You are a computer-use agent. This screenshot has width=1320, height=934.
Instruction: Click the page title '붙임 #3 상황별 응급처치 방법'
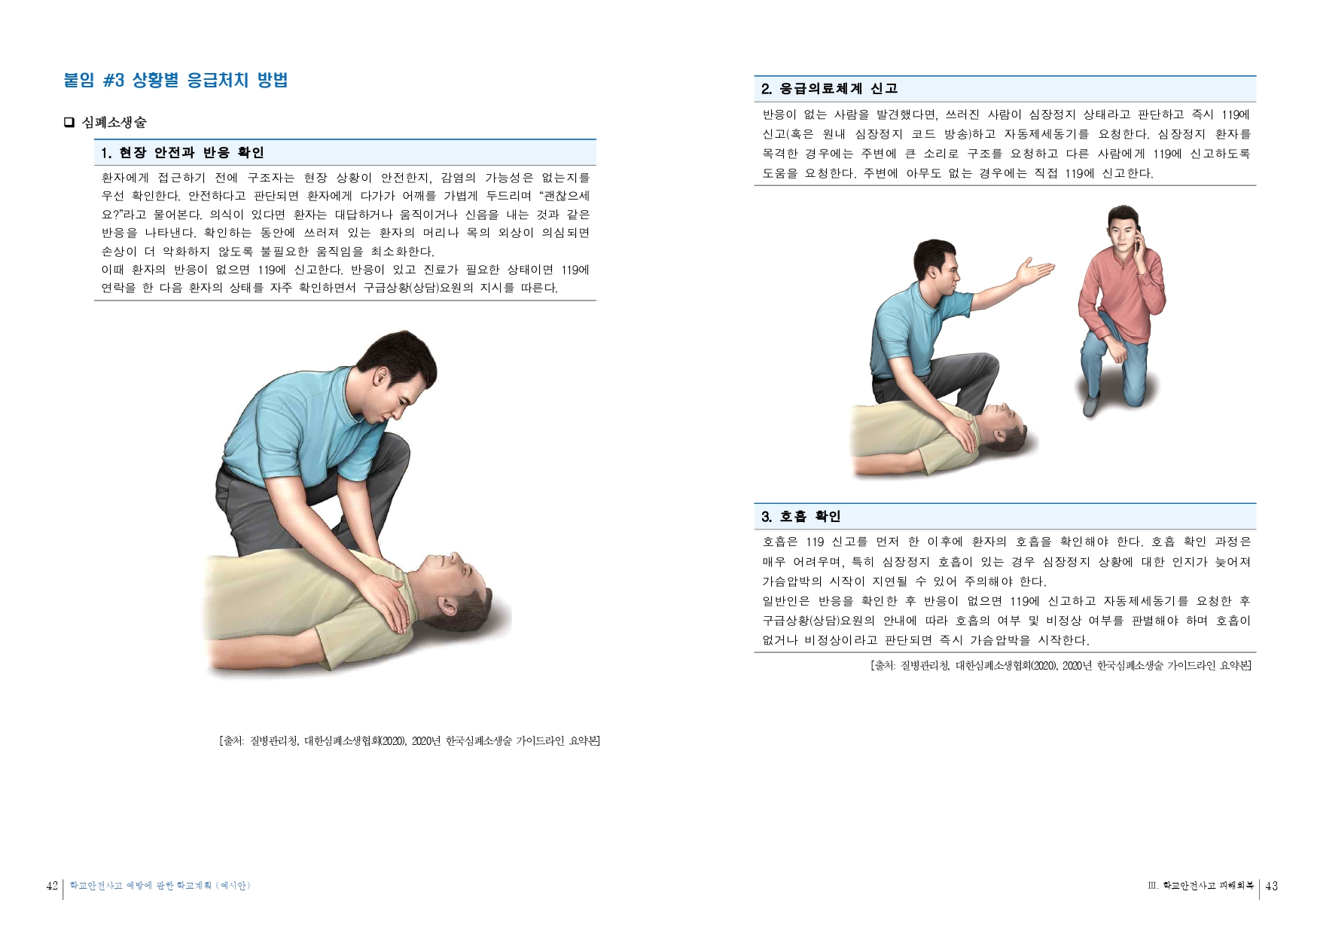tap(175, 81)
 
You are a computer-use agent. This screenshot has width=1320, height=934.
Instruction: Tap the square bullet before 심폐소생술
tap(69, 122)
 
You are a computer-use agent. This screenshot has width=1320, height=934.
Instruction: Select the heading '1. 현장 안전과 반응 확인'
tap(182, 153)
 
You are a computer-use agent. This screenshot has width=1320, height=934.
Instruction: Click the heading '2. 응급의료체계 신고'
tap(829, 89)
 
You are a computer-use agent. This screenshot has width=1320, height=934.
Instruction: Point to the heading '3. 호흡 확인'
tap(800, 517)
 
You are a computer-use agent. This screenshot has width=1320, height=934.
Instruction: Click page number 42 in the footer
tap(52, 886)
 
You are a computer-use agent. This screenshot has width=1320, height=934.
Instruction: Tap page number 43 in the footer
tap(1272, 886)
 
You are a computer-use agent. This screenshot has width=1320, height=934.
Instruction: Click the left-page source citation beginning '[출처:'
tap(410, 741)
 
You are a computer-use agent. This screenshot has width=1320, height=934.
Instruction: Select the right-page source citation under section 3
tap(1060, 666)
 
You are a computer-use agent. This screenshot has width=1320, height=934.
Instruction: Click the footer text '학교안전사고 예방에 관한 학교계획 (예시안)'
tap(160, 886)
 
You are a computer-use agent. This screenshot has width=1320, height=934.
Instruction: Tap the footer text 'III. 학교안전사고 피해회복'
tap(1200, 886)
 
